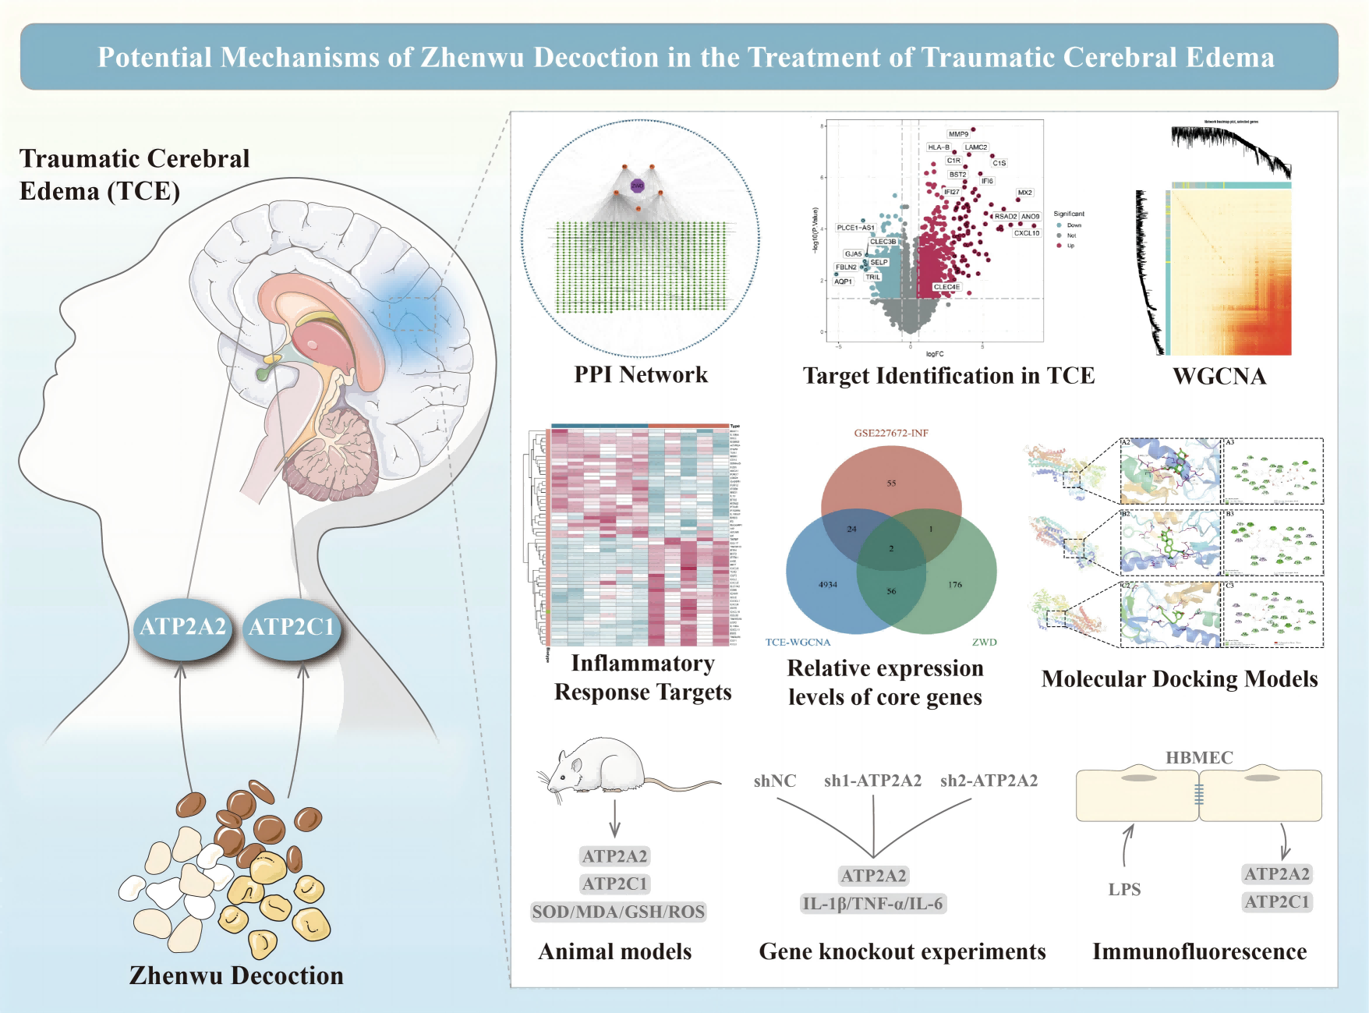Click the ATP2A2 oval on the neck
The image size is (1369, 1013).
(182, 627)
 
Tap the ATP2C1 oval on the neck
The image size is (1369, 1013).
(292, 627)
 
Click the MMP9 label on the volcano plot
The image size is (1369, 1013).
(958, 134)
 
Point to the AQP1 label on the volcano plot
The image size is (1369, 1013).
(843, 282)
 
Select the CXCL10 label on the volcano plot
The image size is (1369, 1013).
(1026, 233)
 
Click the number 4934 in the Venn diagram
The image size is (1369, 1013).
(828, 584)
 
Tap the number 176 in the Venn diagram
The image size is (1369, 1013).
(955, 584)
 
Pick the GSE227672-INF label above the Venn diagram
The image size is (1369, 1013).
(891, 433)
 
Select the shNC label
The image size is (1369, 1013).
(775, 781)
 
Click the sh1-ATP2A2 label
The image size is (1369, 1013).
(872, 781)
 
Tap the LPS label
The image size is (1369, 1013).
(1124, 890)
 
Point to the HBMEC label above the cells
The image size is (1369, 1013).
(1199, 757)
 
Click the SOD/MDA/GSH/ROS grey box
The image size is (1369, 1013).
(618, 912)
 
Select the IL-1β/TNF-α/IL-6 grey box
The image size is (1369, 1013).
(872, 904)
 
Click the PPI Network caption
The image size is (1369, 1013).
(641, 375)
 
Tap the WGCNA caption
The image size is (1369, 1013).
(1219, 377)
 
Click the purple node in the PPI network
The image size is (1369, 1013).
(638, 186)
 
